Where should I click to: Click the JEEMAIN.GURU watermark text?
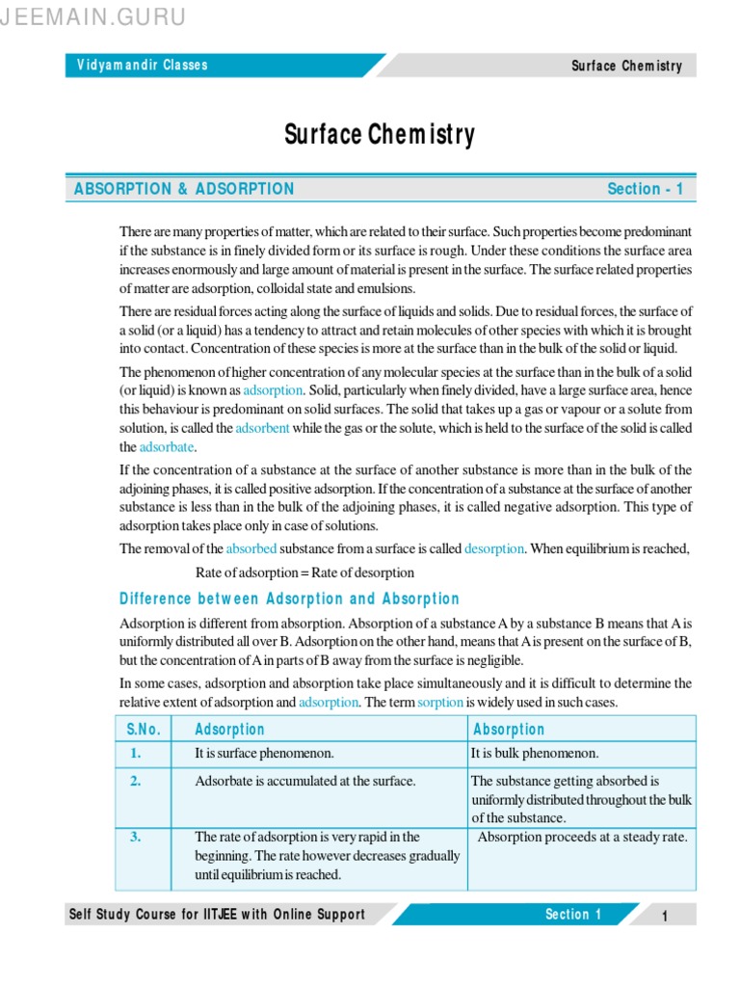pos(93,17)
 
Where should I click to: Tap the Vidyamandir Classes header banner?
pos(143,66)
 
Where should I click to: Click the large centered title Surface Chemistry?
pos(380,134)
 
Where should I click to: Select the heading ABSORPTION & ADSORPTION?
pos(184,189)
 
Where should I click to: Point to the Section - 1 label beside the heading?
pos(645,189)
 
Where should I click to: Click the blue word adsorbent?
pos(263,427)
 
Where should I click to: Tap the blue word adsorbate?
pos(167,447)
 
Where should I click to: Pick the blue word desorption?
pos(494,548)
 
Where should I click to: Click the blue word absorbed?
pos(251,548)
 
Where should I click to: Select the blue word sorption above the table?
pos(440,703)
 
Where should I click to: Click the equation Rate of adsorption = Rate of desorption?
pos(305,573)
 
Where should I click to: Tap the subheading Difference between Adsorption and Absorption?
pos(289,599)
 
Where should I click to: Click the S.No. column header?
pos(143,730)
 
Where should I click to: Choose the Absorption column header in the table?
pos(509,730)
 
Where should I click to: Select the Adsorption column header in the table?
pos(229,730)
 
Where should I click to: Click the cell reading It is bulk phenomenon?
pos(535,753)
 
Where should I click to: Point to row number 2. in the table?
pos(136,781)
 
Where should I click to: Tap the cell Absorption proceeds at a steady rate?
pos(582,837)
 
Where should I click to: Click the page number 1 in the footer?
pos(664,916)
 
